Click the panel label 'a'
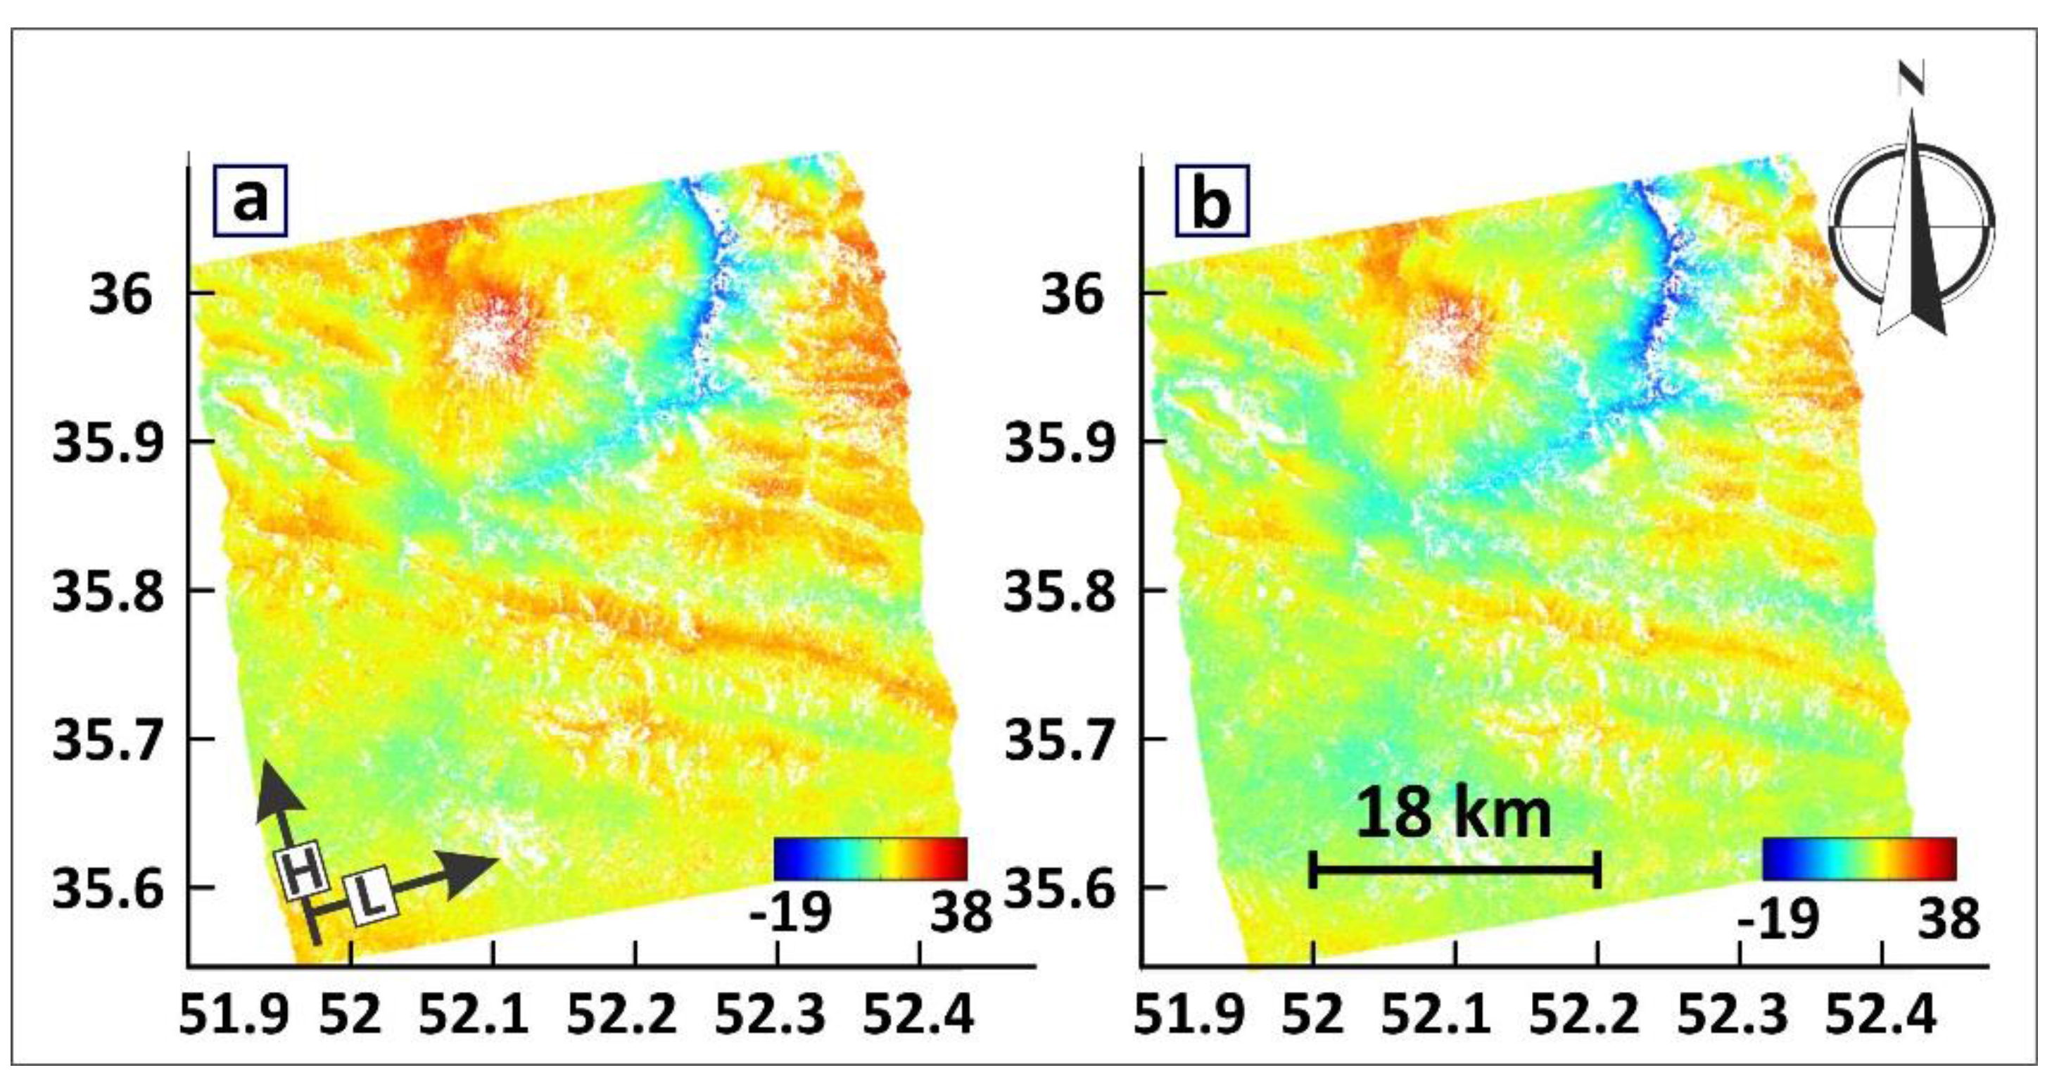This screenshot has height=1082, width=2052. click(x=250, y=201)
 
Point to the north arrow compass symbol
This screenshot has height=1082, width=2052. click(x=1912, y=223)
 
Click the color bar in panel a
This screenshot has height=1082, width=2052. click(x=870, y=858)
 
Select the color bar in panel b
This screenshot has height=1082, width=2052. click(x=1859, y=858)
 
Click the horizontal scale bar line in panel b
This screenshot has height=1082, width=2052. click(x=1455, y=869)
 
